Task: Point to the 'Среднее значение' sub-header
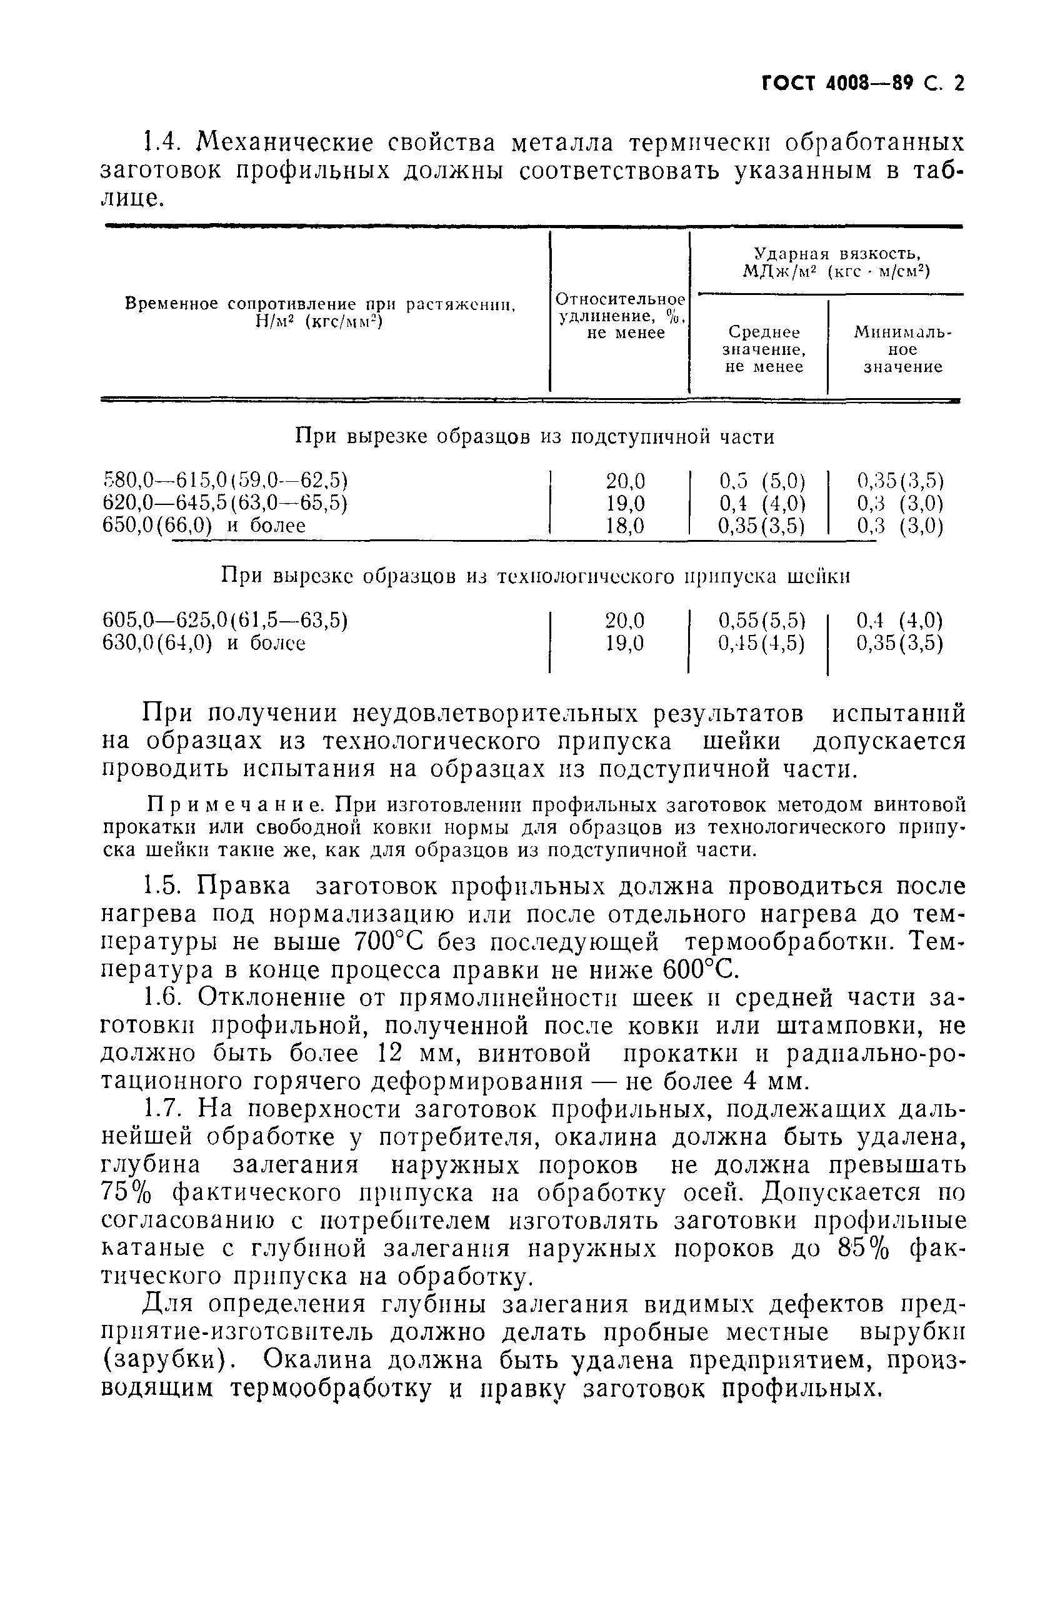[x=764, y=349]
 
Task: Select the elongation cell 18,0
[x=626, y=525]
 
